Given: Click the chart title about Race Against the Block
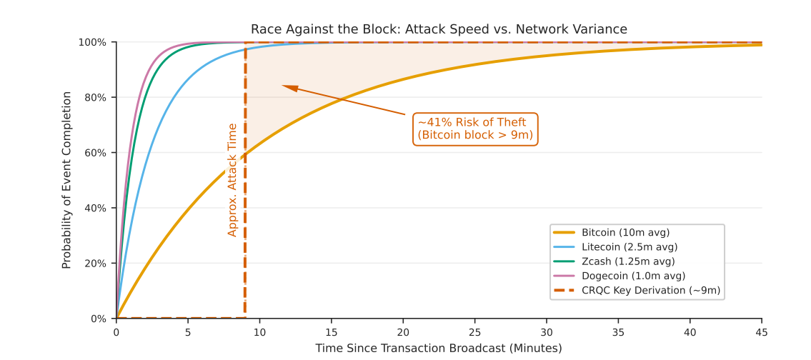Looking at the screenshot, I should pyautogui.click(x=439, y=29).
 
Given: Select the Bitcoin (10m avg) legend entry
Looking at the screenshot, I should pyautogui.click(x=625, y=232).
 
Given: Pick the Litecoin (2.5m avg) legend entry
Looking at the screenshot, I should pyautogui.click(x=629, y=247).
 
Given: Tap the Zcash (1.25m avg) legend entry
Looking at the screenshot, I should pyautogui.click(x=627, y=261).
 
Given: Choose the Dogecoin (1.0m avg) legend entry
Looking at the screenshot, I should pyautogui.click(x=633, y=276).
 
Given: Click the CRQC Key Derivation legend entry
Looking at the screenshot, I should pyautogui.click(x=650, y=290).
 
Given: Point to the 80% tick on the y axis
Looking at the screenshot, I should pyautogui.click(x=96, y=98).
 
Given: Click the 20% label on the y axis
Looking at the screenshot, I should pyautogui.click(x=96, y=264).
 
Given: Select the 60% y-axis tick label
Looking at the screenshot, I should pyautogui.click(x=96, y=153).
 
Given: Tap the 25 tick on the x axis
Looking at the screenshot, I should pyautogui.click(x=474, y=332).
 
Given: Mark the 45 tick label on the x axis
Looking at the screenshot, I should pyautogui.click(x=762, y=332).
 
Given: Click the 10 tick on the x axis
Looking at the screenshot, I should pyautogui.click(x=259, y=332).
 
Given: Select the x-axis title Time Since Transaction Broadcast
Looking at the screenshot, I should pyautogui.click(x=439, y=349).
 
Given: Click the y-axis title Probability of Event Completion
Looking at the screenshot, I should pyautogui.click(x=67, y=180).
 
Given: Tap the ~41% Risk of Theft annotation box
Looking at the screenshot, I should pyautogui.click(x=475, y=129).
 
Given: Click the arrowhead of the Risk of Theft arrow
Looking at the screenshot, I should pyautogui.click(x=287, y=87).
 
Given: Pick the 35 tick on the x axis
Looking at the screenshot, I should pyautogui.click(x=618, y=332).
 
